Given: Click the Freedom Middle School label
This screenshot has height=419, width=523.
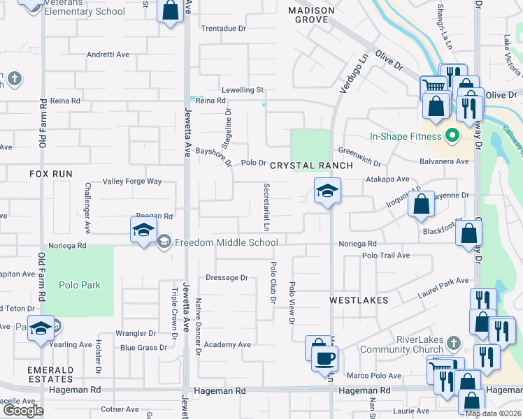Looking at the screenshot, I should coord(226,242).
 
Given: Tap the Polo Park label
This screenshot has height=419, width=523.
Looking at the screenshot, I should coord(79,285).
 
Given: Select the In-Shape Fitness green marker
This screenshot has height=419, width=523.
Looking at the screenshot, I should coord(452,135).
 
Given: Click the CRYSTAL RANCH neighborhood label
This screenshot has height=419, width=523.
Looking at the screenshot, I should coord(299,165).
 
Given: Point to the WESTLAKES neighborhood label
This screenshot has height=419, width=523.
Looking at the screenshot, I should coord(359,300).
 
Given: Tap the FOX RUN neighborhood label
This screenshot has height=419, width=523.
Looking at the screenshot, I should coord(50,172).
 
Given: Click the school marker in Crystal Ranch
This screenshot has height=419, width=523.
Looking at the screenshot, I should coord(326,191).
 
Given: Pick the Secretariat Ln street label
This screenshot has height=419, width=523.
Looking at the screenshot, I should coord(266,207).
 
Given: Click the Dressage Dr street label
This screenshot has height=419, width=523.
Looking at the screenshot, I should coord(227,277).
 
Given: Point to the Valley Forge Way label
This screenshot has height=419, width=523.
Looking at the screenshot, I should coord(132,182).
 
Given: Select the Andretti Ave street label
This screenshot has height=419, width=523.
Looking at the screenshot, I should coord(108,54).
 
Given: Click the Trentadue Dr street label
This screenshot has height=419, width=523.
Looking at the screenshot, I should coord(224,29).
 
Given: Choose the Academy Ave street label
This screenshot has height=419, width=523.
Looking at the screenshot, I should coord(227,344).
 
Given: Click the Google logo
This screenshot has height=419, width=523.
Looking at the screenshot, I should coord(23,410).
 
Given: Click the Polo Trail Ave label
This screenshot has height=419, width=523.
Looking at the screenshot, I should coord(386,256).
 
